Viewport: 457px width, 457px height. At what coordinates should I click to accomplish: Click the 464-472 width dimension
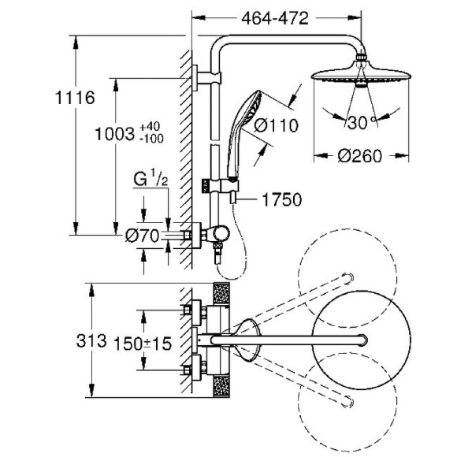[x=274, y=18]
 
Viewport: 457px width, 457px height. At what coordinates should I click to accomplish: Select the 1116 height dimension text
[x=75, y=98]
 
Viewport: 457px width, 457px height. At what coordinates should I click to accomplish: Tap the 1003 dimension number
[x=115, y=135]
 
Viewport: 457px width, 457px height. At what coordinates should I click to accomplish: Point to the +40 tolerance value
[x=150, y=127]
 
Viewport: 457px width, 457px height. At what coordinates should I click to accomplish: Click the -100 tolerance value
[x=151, y=139]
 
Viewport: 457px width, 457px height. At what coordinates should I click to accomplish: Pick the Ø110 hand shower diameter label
[x=277, y=125]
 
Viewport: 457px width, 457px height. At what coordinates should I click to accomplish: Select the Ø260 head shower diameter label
[x=359, y=156]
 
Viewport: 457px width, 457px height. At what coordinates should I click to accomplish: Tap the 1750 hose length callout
[x=282, y=200]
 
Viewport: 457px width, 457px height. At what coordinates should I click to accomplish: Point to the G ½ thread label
[x=150, y=179]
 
